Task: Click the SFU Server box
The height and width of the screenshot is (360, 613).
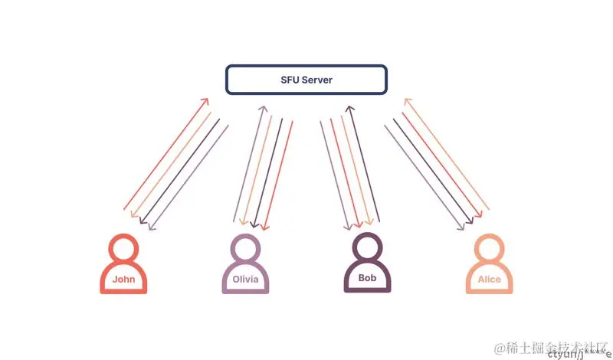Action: (x=306, y=80)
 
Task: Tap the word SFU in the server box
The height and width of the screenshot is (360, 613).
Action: (x=290, y=80)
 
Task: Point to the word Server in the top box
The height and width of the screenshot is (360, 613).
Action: (x=317, y=80)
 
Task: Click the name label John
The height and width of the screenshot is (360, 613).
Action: (x=123, y=279)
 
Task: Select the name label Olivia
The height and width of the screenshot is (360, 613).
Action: (x=245, y=280)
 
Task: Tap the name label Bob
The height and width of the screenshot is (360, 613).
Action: (x=367, y=278)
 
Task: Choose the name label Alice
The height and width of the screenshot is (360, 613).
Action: (x=489, y=280)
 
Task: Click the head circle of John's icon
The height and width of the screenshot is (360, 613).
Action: (x=123, y=248)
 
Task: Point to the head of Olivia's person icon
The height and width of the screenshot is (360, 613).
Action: (x=245, y=248)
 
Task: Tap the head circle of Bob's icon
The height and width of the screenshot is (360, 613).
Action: (x=367, y=247)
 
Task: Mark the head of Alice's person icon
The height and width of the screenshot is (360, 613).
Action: (x=489, y=248)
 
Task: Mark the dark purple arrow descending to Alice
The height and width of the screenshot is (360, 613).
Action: (x=435, y=169)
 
